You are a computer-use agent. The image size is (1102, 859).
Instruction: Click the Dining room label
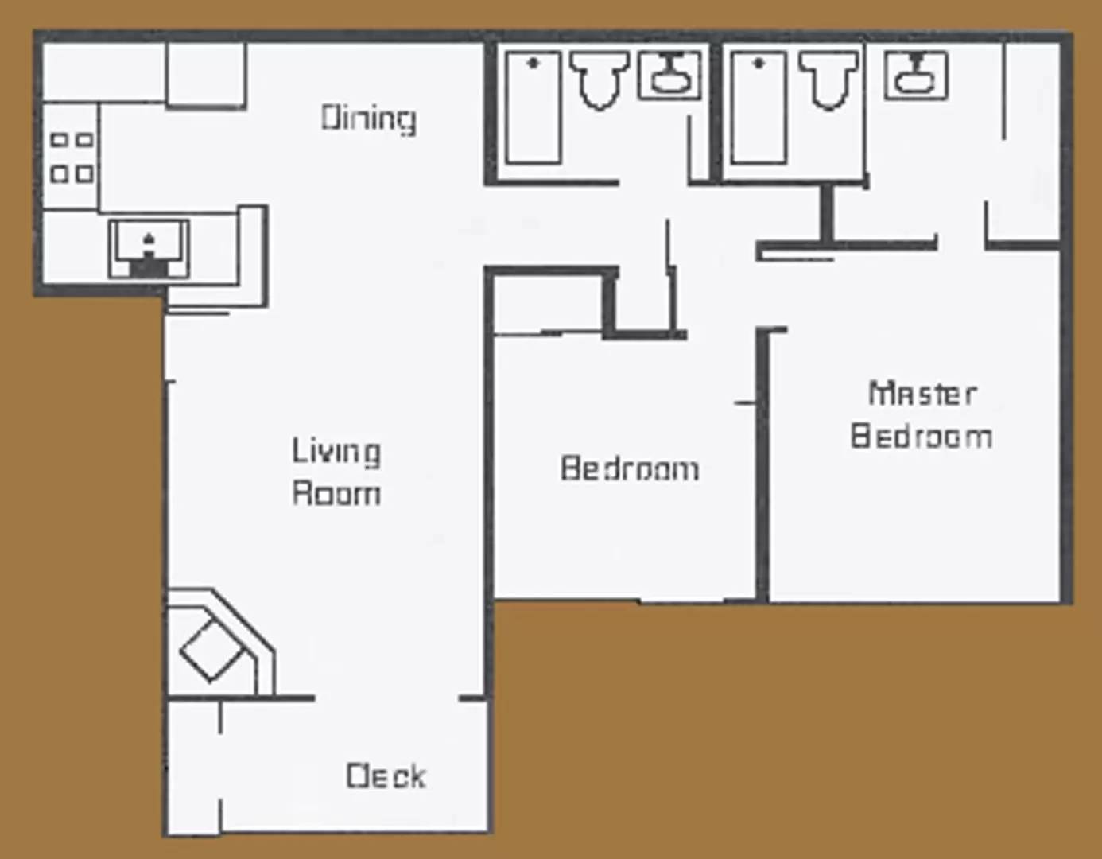(368, 119)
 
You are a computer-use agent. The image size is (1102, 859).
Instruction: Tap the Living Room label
(336, 472)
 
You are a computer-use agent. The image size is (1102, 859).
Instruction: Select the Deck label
(386, 775)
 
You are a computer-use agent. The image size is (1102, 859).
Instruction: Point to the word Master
(922, 394)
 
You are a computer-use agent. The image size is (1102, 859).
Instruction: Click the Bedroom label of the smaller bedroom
(630, 468)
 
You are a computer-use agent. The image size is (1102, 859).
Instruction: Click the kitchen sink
(149, 249)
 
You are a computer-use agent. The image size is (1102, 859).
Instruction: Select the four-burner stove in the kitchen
(72, 157)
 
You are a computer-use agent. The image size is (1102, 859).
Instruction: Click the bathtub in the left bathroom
(534, 107)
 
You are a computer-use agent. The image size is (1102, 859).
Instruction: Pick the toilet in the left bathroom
(600, 80)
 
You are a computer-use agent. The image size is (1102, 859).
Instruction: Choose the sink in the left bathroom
(670, 75)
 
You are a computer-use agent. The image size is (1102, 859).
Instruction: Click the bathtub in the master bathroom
(759, 107)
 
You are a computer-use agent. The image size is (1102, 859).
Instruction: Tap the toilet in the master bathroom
(828, 80)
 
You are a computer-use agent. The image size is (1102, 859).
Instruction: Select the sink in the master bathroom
(916, 75)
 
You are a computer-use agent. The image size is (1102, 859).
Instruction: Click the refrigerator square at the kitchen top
(206, 74)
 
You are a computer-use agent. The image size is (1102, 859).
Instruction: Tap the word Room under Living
(336, 493)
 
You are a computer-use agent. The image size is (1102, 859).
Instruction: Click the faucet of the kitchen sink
(149, 239)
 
